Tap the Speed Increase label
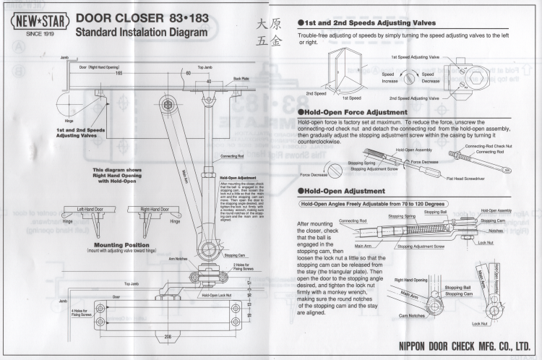(388, 78)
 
